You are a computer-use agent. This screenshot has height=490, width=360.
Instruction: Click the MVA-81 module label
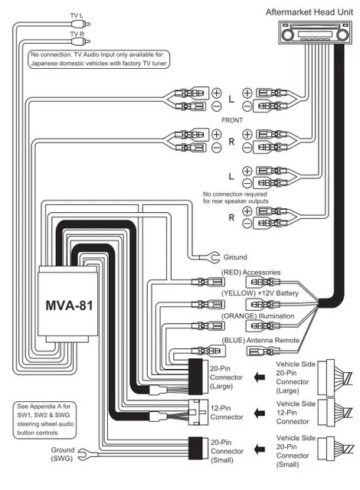tap(69, 305)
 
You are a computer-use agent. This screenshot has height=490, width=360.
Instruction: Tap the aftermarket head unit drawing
tap(315, 32)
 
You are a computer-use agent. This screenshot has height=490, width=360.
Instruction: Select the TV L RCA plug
tap(80, 24)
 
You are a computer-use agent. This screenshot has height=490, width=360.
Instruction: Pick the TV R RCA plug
tap(80, 41)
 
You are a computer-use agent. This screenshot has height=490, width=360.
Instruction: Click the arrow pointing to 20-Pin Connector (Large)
tap(260, 377)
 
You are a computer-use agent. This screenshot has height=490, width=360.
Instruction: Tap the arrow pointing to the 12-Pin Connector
tap(260, 413)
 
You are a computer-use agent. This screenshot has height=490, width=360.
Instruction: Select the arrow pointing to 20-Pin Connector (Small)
tap(260, 449)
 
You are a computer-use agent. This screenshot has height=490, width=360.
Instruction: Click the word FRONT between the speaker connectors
tap(232, 120)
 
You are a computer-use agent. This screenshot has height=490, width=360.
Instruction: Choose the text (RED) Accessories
tap(251, 273)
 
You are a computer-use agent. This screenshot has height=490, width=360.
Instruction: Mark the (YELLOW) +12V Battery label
tap(260, 293)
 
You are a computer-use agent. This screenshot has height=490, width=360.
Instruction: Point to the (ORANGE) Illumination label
tap(258, 316)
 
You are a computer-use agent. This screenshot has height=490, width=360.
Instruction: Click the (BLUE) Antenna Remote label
tap(260, 340)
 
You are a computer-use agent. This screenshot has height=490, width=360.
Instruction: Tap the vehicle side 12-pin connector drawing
tap(335, 413)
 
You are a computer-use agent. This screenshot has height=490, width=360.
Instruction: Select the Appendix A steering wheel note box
tap(44, 420)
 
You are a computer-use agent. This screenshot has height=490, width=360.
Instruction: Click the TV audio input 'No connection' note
tap(99, 59)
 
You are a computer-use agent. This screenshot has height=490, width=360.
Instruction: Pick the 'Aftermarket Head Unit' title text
tap(309, 12)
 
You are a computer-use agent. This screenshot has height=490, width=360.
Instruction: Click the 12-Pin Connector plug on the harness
tap(198, 413)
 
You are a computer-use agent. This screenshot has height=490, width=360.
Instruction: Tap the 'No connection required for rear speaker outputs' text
tap(236, 198)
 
